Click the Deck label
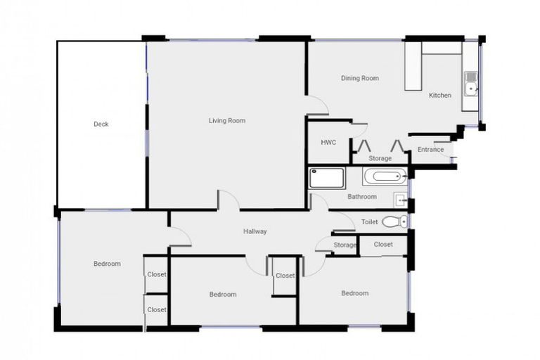(101, 124)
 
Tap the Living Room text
(226, 121)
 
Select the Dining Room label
(359, 78)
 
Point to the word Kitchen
(440, 96)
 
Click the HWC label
(328, 142)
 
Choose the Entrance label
(430, 149)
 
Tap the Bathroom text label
(361, 197)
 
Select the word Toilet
(369, 222)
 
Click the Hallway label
(255, 231)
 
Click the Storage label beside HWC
(380, 158)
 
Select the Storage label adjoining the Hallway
(345, 245)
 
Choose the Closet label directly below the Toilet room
(383, 245)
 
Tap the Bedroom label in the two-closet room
(107, 264)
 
